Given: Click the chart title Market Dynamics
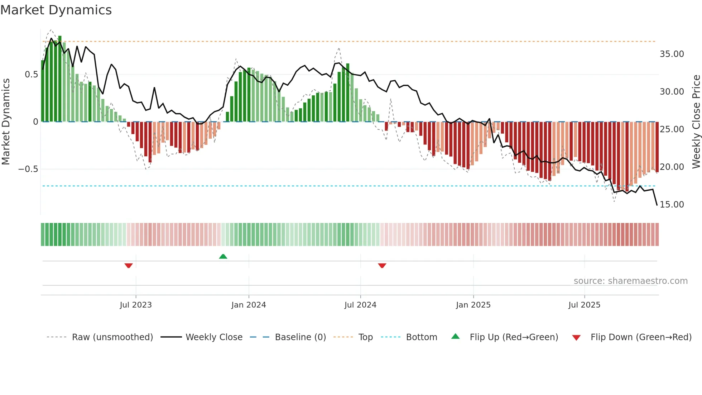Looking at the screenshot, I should (56, 10).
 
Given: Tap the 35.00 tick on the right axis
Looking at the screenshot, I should (672, 54).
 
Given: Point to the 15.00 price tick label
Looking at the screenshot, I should (672, 205).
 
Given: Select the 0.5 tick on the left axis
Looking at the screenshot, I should (31, 75).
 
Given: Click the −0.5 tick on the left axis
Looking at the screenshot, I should (28, 169).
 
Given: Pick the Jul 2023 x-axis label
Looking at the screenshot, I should (136, 305).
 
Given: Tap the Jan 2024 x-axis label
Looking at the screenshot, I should (249, 305).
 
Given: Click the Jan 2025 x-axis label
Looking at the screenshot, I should (473, 305).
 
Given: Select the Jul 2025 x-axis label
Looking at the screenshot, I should (584, 305).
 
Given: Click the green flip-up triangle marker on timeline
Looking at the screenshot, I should (223, 257).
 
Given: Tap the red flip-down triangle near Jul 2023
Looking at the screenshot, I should (129, 266).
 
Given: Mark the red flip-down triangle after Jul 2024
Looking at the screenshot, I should (382, 266).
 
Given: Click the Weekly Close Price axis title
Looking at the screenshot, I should (696, 122).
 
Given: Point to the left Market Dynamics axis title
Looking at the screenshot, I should (6, 122).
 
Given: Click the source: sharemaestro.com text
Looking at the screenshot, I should (630, 281).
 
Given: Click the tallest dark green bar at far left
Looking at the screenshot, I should (60, 79).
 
